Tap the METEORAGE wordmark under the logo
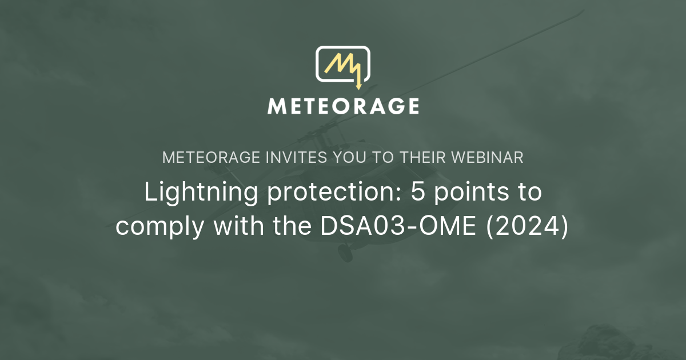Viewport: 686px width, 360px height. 343,106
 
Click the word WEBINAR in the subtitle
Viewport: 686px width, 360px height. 488,157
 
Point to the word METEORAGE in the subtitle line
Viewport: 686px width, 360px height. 211,157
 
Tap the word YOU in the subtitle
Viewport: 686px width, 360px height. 350,157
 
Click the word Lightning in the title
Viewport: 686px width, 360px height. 201,192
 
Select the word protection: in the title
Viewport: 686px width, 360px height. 334,192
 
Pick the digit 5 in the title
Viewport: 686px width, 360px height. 418,191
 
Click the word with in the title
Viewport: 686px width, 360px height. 238,225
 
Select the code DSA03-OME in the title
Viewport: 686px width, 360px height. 398,226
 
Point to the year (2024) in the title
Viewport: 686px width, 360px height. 527,226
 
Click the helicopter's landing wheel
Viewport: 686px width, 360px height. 345,253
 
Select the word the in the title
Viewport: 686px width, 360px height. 292,225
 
